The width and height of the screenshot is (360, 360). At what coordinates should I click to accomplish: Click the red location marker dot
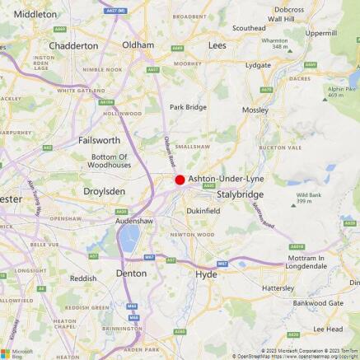(180, 179)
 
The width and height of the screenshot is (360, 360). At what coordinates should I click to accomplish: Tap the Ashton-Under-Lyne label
(225, 179)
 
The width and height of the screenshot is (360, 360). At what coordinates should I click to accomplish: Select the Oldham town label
(138, 44)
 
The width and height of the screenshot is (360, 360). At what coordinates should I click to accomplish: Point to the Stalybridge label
(240, 194)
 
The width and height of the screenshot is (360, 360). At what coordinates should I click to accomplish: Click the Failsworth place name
(99, 140)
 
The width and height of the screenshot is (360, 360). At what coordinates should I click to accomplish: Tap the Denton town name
(131, 273)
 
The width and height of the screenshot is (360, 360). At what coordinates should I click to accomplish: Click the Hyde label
(206, 274)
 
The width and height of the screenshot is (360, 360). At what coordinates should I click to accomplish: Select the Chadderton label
(73, 46)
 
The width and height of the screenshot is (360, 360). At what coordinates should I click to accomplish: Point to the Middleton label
(35, 14)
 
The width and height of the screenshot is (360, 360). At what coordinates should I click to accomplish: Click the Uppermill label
(321, 33)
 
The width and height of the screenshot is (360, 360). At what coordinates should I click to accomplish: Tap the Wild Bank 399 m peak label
(309, 197)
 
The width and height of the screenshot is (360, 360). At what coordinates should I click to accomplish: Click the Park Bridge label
(188, 106)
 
